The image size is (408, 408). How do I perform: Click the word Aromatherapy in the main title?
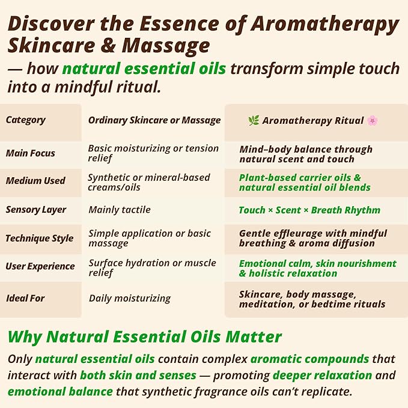tap(325, 25)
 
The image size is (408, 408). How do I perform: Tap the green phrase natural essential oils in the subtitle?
tap(144, 68)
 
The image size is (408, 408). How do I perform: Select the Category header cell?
tap(26, 120)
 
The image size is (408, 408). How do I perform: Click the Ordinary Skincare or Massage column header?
tap(154, 120)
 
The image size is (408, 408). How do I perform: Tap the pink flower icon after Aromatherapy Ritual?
tap(373, 120)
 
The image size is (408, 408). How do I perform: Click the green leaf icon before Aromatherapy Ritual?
tap(254, 120)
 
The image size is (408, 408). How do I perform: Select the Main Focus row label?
tap(30, 153)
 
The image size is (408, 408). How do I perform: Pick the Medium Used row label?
tap(35, 181)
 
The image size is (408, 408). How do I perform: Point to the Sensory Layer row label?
tap(36, 210)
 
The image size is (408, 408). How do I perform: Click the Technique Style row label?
tap(40, 239)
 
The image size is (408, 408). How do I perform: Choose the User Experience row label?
tap(40, 266)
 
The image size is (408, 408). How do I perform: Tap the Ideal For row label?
tap(25, 298)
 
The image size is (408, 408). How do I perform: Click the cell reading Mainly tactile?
tap(120, 210)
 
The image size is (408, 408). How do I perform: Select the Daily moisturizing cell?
tap(130, 298)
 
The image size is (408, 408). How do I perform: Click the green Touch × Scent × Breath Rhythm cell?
tap(309, 210)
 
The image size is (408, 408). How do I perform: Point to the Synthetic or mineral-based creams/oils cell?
tap(148, 182)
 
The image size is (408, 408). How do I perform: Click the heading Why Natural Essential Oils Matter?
tap(145, 336)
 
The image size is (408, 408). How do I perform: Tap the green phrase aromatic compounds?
tap(309, 359)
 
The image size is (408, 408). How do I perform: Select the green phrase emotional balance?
tap(60, 391)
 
